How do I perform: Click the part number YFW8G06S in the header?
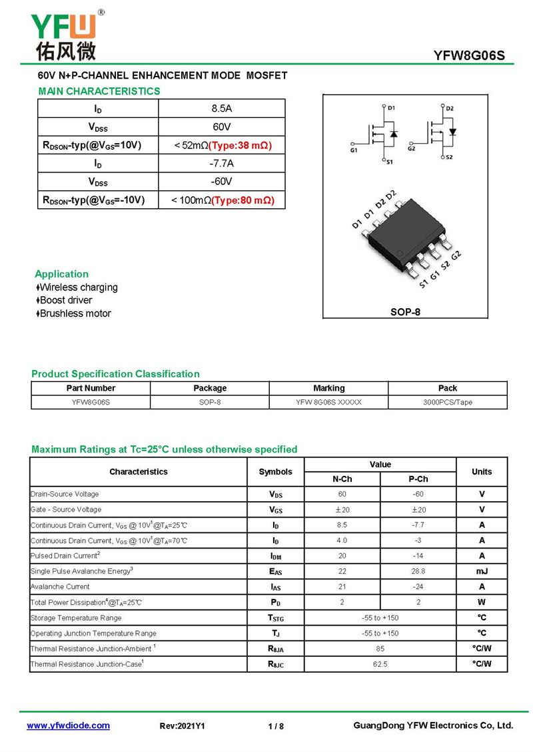click(469, 57)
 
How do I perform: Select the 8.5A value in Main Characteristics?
click(221, 108)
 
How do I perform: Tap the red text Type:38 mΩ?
click(241, 145)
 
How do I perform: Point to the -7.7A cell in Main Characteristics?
click(221, 164)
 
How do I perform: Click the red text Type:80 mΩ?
click(243, 200)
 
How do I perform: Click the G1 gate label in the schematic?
click(353, 150)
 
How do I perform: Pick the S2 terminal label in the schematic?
click(448, 157)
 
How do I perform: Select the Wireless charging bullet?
click(77, 287)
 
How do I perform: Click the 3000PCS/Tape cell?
click(447, 403)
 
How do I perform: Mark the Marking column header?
click(328, 388)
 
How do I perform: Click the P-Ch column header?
click(418, 479)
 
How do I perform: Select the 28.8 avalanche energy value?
click(418, 572)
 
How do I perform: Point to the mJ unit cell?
click(481, 572)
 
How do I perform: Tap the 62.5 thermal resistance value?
click(380, 664)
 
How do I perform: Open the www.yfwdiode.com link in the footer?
click(68, 726)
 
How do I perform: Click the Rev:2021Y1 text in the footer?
click(183, 727)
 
